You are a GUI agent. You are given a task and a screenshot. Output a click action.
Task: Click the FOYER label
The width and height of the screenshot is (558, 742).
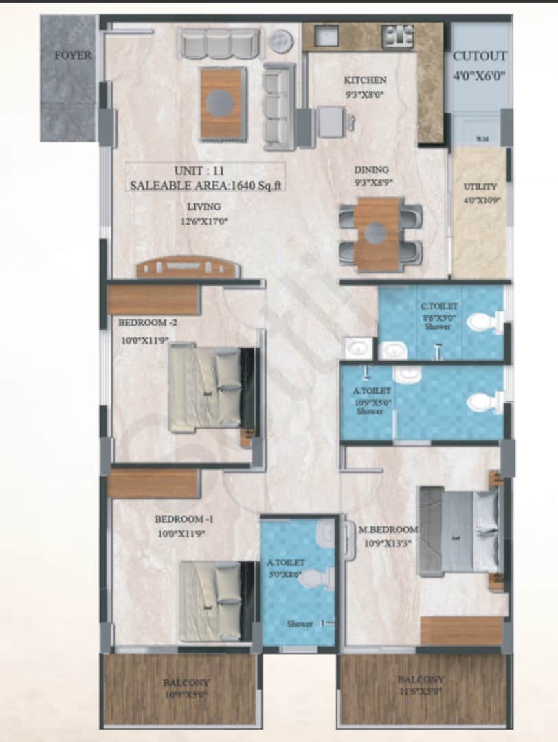pyautogui.click(x=73, y=56)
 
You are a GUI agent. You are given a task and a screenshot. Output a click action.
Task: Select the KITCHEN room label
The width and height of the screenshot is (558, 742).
pyautogui.click(x=365, y=80)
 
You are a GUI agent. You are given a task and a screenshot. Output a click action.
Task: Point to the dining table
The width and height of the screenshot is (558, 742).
pyautogui.click(x=376, y=234)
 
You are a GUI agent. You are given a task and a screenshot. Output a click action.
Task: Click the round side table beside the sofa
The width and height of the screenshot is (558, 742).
pyautogui.click(x=280, y=41)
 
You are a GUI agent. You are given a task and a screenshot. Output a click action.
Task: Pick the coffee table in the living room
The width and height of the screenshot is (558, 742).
pyautogui.click(x=222, y=104)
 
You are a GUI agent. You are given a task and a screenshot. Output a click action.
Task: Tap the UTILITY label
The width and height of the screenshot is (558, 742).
pyautogui.click(x=480, y=186)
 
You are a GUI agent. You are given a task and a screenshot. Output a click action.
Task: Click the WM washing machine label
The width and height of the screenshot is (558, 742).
pyautogui.click(x=482, y=139)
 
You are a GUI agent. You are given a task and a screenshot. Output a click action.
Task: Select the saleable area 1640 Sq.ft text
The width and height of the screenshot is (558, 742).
pyautogui.click(x=206, y=185)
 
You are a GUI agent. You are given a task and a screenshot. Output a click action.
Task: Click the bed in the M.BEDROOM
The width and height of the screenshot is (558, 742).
pyautogui.click(x=458, y=531)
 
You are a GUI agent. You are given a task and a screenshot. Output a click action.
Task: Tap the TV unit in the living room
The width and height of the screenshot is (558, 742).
pyautogui.click(x=187, y=268)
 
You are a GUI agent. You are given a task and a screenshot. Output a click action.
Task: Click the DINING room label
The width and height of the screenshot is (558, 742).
pyautogui.click(x=371, y=170)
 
